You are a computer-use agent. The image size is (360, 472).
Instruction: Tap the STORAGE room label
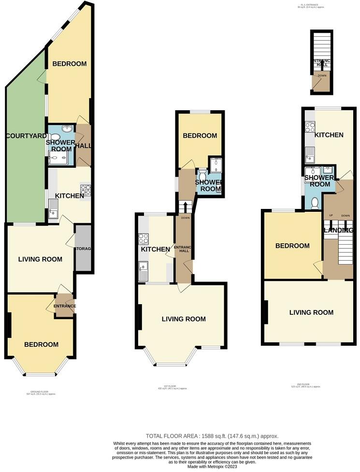[x=83, y=249]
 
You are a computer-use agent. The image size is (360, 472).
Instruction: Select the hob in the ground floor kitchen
[x=86, y=191]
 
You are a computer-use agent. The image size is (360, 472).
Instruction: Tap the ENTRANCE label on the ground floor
[x=65, y=306]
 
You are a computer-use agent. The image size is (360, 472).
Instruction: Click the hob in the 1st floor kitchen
[x=144, y=238]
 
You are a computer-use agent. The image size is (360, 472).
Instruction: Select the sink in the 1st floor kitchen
[x=144, y=271]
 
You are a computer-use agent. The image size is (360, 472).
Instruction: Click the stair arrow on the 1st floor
[x=185, y=207]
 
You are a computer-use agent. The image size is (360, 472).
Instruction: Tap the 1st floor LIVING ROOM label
[x=184, y=319]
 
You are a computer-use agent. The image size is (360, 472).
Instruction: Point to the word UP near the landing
[x=331, y=215]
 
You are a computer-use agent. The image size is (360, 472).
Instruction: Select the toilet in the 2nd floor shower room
[x=316, y=202]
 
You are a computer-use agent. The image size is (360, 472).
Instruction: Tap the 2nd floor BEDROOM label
[x=292, y=246]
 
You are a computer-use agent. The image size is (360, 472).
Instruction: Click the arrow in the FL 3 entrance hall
[x=321, y=62]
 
